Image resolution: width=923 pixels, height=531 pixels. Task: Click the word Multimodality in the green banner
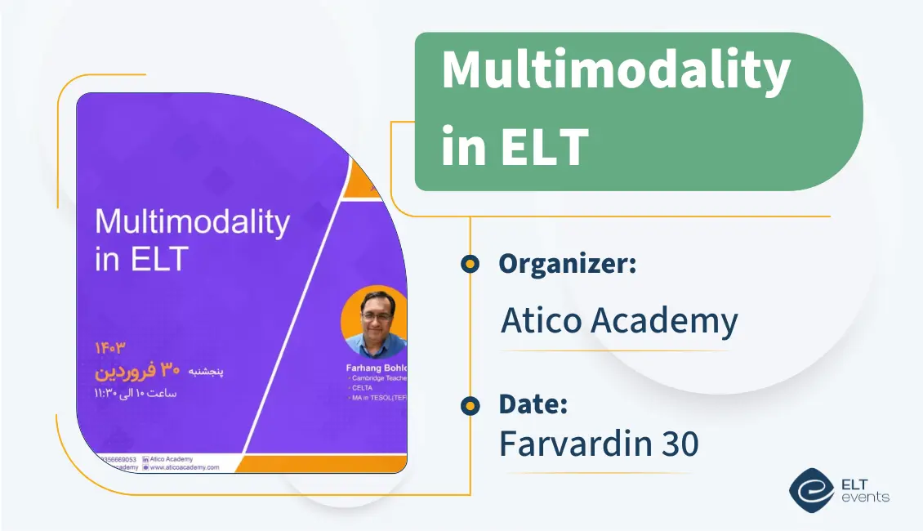pyautogui.click(x=615, y=72)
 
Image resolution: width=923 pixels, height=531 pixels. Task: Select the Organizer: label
pyautogui.click(x=567, y=264)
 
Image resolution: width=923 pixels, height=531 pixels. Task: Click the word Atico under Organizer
pyautogui.click(x=541, y=321)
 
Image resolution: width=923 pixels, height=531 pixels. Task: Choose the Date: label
pyautogui.click(x=533, y=404)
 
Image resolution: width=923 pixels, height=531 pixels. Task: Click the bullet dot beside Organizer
pyautogui.click(x=470, y=264)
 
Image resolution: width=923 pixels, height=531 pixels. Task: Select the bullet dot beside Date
pyautogui.click(x=470, y=406)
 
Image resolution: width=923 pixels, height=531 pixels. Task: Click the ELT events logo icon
pyautogui.click(x=810, y=489)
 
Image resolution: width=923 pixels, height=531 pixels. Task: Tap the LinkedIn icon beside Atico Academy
pyautogui.click(x=145, y=459)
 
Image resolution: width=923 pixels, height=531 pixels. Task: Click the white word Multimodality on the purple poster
pyautogui.click(x=192, y=223)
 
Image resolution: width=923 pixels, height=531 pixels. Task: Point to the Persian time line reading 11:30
pyautogui.click(x=136, y=393)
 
